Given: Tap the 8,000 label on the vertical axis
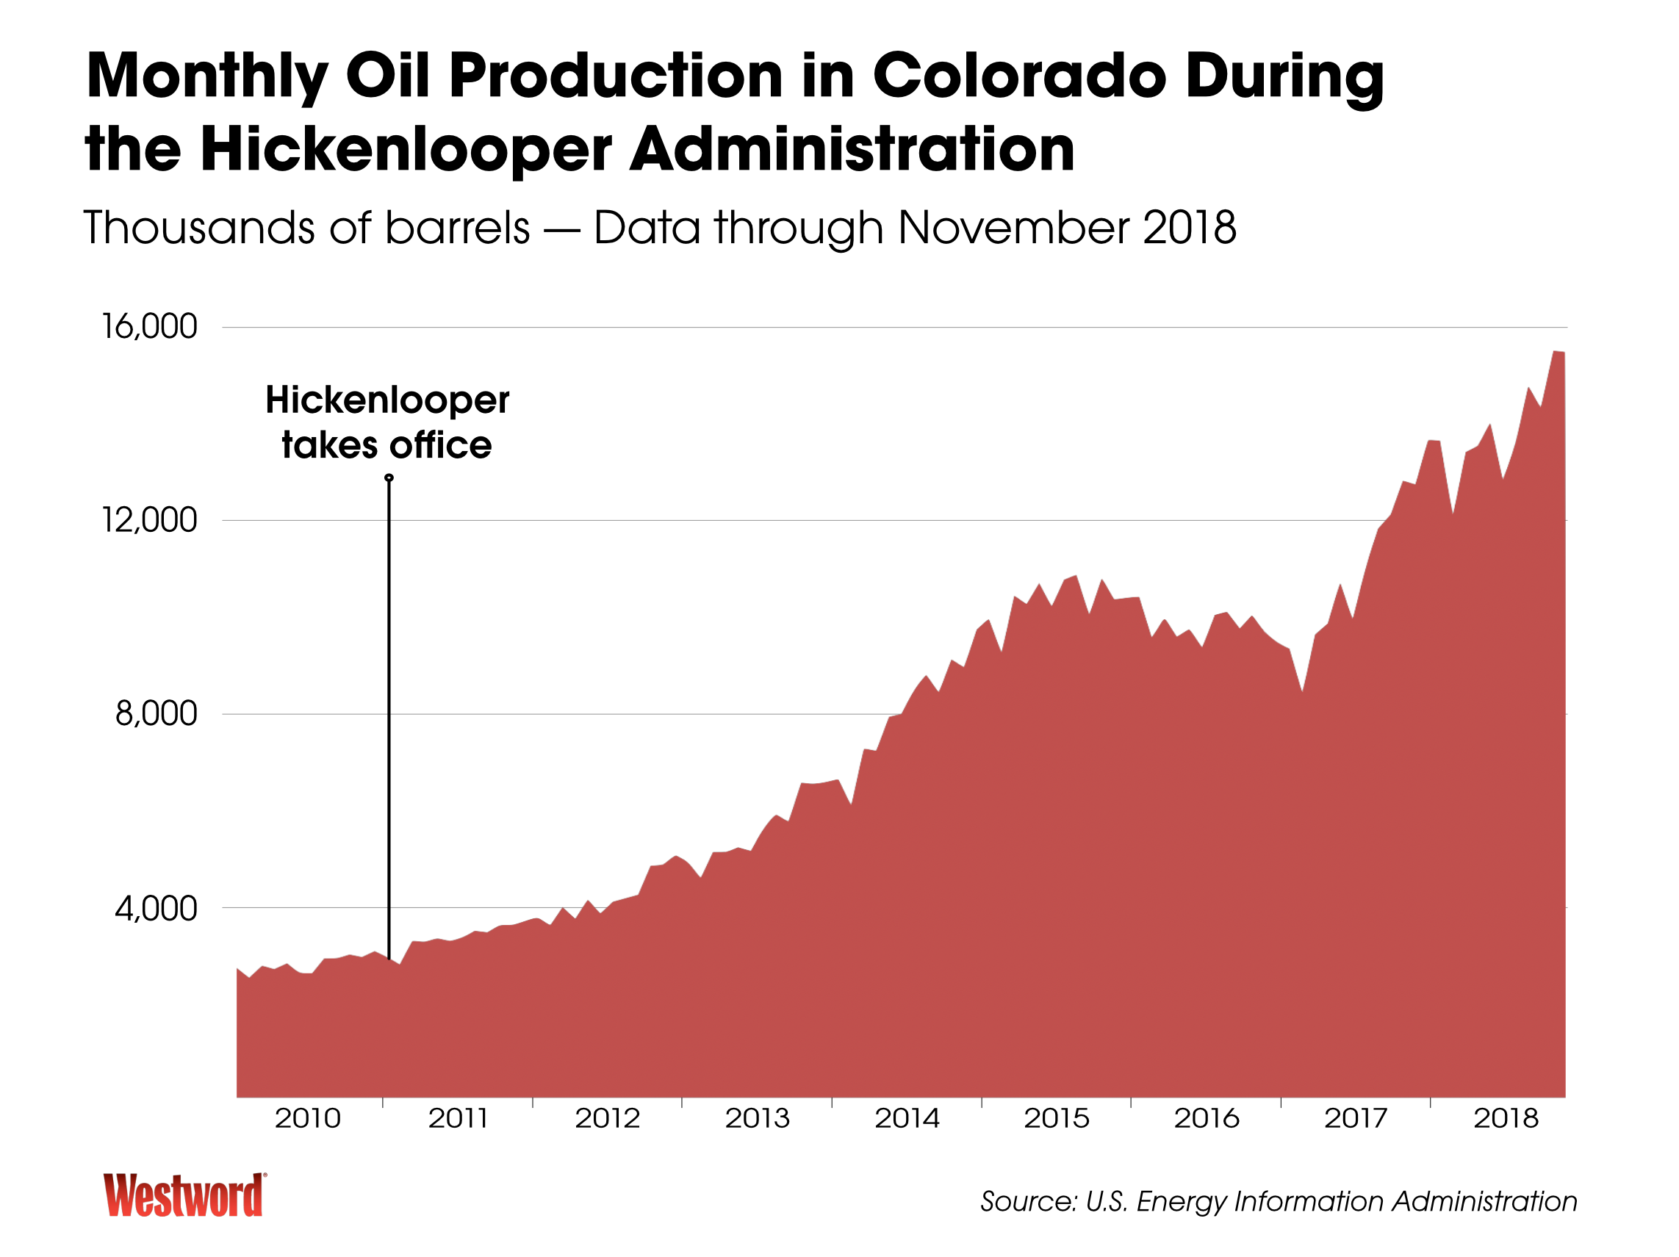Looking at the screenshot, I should click(x=157, y=714).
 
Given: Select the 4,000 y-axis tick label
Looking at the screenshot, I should click(x=157, y=909).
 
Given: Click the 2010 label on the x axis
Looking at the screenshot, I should click(x=307, y=1118).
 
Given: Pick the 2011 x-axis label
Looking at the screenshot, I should click(x=458, y=1118).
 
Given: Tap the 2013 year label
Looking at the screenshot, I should click(x=758, y=1118).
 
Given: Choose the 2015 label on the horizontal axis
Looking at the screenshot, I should click(x=1057, y=1118).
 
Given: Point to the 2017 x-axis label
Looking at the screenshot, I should click(x=1356, y=1118).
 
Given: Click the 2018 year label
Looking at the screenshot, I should click(x=1506, y=1118).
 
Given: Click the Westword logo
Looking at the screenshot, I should click(x=184, y=1195).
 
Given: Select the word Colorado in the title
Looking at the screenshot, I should click(x=1019, y=76).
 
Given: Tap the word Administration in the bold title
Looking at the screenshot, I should click(x=852, y=149).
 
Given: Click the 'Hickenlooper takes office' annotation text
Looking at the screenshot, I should click(x=387, y=422).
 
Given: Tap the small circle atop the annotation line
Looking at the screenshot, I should click(x=389, y=478).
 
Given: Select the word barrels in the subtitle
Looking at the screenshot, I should click(x=457, y=228).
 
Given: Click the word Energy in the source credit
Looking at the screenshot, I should click(x=1180, y=1202).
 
